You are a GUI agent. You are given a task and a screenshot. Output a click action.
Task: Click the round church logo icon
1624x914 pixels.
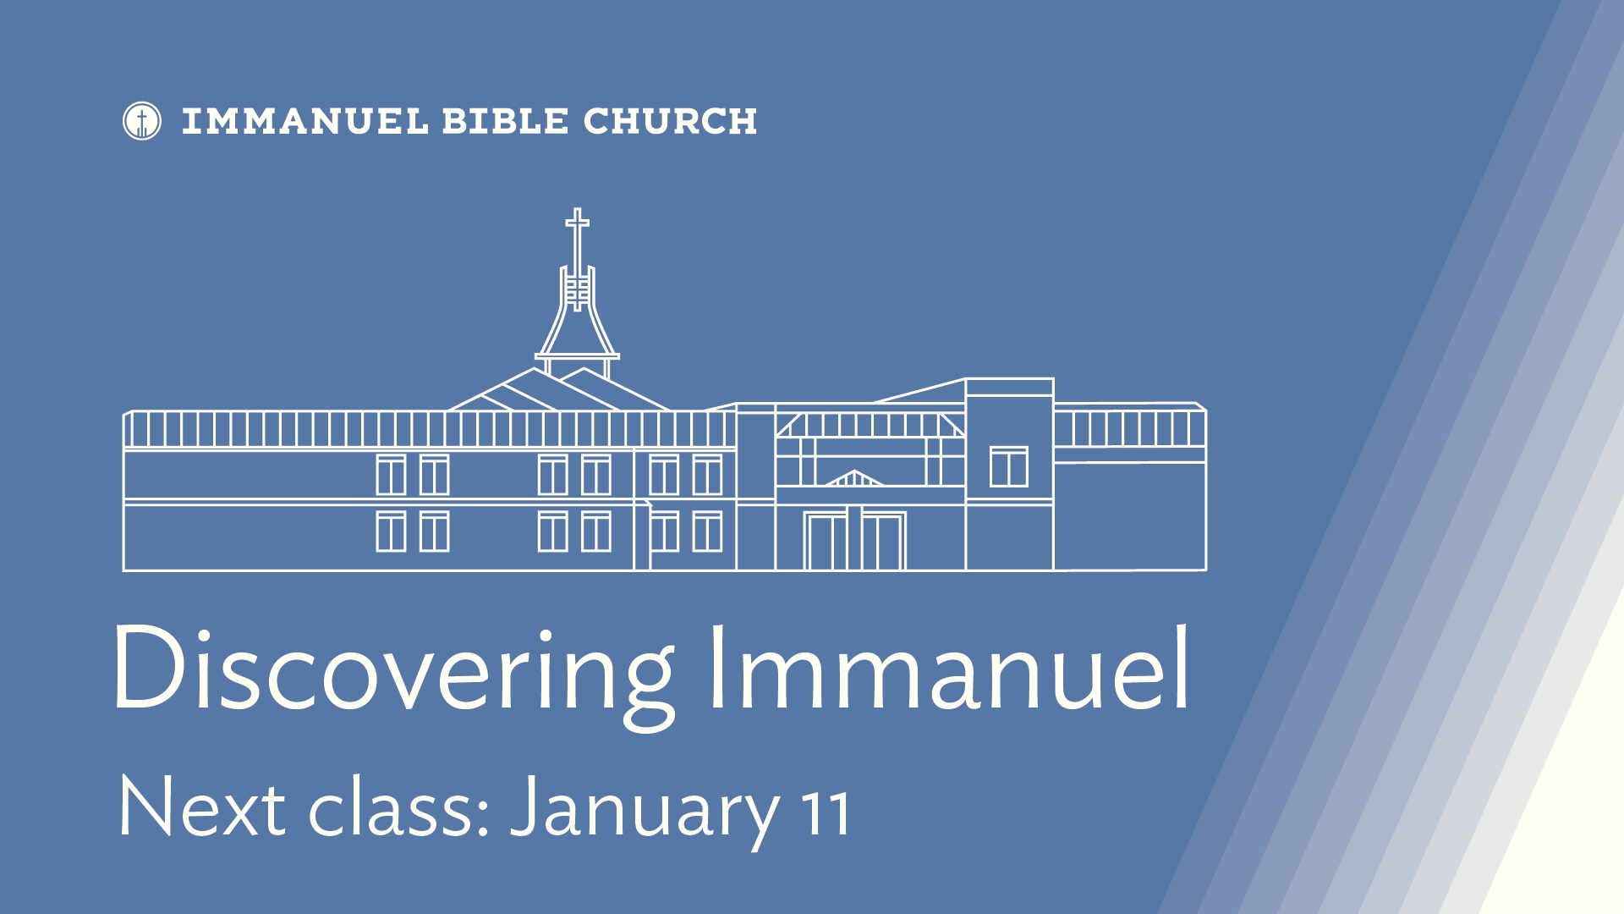[x=142, y=121]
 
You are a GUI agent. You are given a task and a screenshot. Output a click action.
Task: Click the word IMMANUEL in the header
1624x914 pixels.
[x=305, y=122]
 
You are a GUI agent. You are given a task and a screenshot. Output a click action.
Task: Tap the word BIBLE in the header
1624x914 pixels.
[x=505, y=122]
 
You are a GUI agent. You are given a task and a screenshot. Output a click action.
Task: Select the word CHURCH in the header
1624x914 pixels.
[x=670, y=122]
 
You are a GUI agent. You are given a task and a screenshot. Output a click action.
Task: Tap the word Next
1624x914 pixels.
[x=202, y=806]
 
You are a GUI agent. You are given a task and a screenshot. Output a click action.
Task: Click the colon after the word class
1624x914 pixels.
[x=484, y=816]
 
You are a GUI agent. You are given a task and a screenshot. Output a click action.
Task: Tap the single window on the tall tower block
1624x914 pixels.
[x=1009, y=466]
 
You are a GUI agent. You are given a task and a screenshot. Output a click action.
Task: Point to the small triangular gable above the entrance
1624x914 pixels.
[x=854, y=478]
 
